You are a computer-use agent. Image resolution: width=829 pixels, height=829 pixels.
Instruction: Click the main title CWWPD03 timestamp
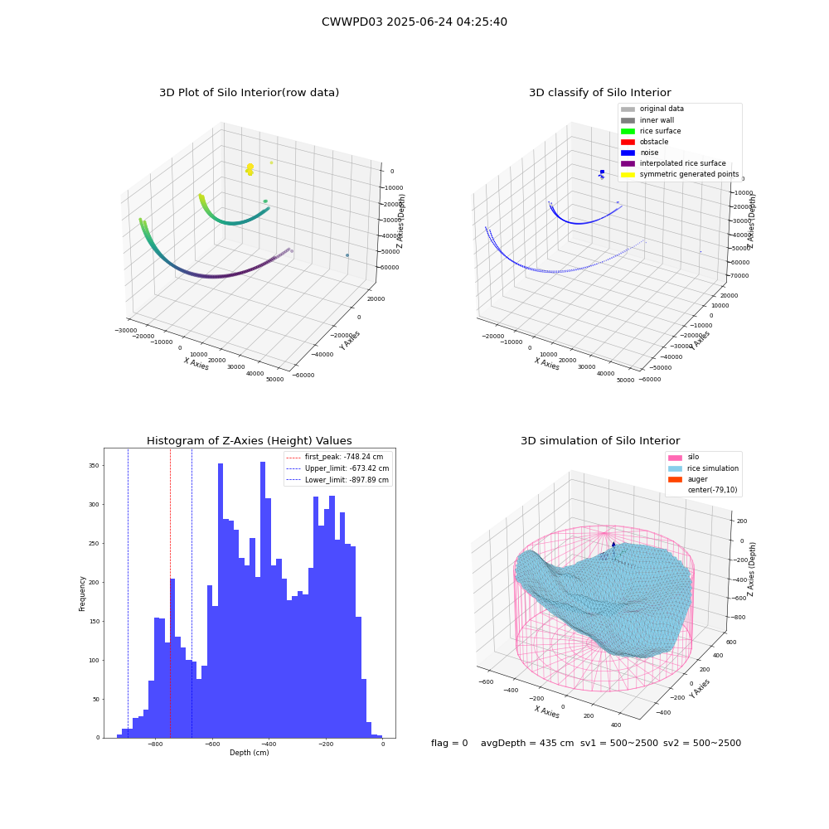point(414,22)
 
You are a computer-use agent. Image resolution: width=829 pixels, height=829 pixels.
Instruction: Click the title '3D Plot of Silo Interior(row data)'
point(249,93)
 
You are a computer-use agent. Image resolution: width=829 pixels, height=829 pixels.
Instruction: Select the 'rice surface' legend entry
point(651,131)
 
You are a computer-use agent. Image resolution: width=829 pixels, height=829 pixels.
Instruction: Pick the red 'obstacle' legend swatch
point(628,143)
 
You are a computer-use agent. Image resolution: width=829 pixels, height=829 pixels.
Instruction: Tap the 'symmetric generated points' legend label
point(689,174)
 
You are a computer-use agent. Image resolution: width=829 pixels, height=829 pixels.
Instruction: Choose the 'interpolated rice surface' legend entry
point(673,163)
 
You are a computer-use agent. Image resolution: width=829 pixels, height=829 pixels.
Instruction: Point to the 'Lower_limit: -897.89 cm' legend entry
point(337,480)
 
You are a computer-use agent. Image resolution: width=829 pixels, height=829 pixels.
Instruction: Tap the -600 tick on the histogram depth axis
point(212,744)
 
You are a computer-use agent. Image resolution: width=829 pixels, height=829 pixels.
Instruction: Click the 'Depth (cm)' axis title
point(249,753)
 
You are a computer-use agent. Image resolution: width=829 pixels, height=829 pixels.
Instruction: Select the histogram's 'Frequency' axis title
point(82,594)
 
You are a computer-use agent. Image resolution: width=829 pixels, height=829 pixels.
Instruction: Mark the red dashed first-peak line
point(170,594)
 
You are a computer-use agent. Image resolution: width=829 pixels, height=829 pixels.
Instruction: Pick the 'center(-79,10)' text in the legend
point(712,490)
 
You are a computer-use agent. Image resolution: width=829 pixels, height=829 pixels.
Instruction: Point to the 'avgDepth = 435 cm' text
point(527,743)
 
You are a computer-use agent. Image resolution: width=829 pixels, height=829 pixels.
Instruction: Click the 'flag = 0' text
point(449,743)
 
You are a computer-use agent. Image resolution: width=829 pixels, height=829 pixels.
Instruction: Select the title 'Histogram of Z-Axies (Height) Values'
point(249,441)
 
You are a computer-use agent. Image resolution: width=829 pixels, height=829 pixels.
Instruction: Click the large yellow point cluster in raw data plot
point(250,169)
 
